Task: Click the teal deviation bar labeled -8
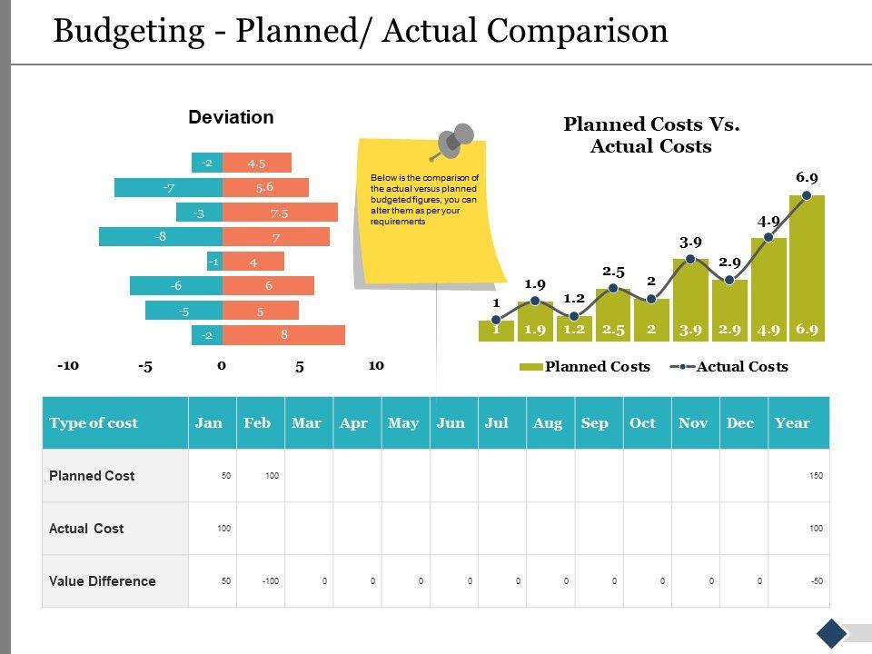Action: point(160,236)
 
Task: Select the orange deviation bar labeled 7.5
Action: point(280,213)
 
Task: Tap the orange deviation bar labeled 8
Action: point(283,335)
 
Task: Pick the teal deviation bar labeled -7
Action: point(168,188)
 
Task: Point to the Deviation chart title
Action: point(231,117)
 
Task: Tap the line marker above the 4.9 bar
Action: point(768,237)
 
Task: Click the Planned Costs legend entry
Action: point(585,367)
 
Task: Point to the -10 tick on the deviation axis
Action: point(68,366)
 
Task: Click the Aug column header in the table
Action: point(548,423)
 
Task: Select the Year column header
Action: point(792,423)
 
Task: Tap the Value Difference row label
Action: point(103,581)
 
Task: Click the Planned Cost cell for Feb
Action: point(261,476)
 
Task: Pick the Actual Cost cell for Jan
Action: point(213,529)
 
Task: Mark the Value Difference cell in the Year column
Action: point(798,581)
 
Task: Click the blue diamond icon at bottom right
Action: point(831,633)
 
